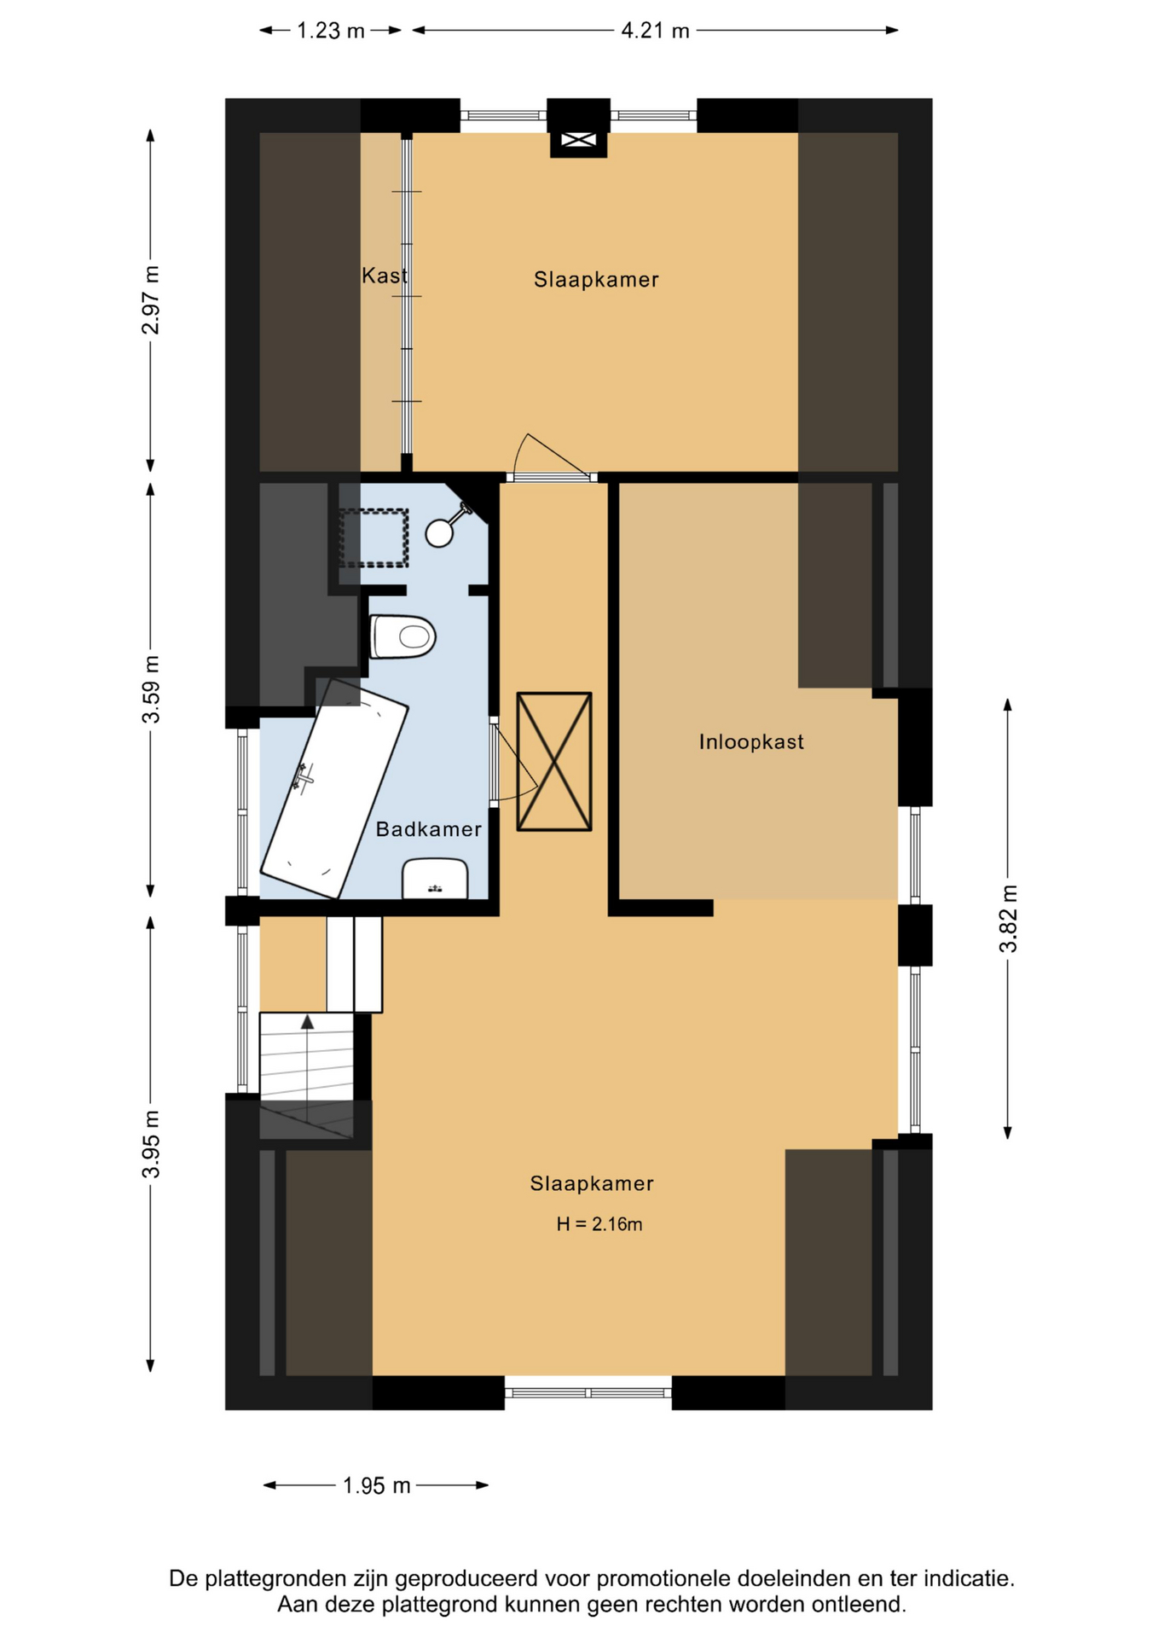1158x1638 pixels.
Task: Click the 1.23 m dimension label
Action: coord(330,31)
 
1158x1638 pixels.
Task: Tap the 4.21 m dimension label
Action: coord(655,31)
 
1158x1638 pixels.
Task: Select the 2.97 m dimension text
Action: coord(151,300)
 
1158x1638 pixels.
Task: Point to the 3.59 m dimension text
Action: coord(151,689)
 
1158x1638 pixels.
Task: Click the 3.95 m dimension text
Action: coord(151,1144)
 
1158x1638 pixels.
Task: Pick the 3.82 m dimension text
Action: coord(1008,919)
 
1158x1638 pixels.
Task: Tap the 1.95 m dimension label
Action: coord(376,1485)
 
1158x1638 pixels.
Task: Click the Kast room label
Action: coord(385,276)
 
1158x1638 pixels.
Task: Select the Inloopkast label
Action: coord(751,742)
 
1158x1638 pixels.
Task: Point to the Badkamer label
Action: coord(429,829)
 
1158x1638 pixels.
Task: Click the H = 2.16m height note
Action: coord(599,1224)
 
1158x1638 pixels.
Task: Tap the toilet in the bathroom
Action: coord(403,636)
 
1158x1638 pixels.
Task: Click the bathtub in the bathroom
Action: coord(334,788)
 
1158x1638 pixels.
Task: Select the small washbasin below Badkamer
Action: coord(435,879)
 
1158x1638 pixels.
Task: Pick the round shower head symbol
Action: coord(439,533)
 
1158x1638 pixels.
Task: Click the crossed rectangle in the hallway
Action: coord(554,761)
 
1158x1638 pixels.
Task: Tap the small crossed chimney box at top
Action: coord(578,140)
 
